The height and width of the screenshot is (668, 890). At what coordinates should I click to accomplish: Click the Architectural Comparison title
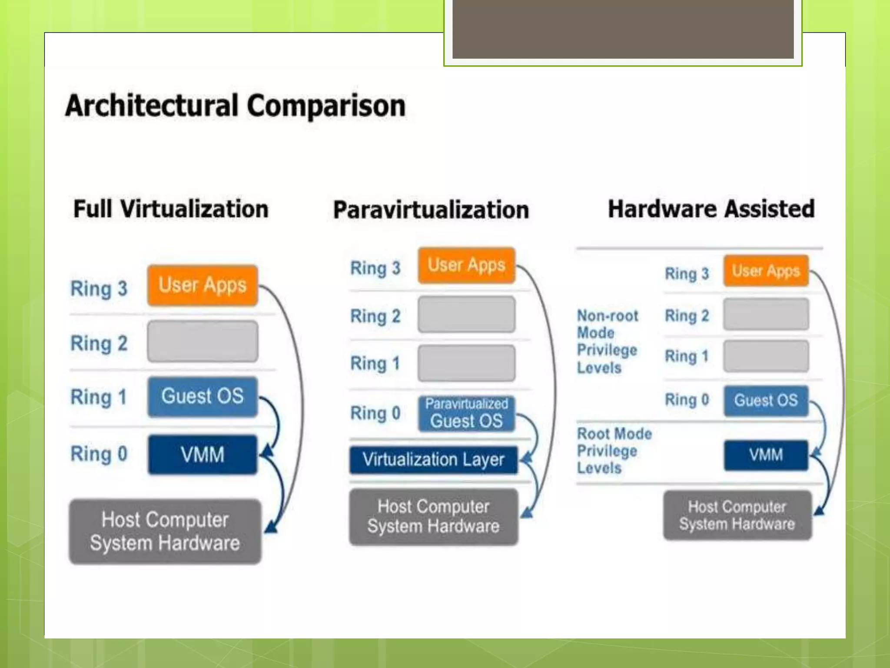coord(235,106)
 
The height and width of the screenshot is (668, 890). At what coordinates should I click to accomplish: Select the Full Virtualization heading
coord(171,209)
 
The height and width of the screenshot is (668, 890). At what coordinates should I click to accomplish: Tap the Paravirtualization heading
coord(431,210)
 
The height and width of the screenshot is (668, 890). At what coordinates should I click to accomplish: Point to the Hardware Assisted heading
coord(711,209)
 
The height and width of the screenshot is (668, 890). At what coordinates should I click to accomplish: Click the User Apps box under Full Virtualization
coord(203,285)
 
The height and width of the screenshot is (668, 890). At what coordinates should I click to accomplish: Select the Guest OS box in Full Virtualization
coord(203,397)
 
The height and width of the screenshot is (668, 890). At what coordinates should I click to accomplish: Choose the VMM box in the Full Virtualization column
coord(203,454)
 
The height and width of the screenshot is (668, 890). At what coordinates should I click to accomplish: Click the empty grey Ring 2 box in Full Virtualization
coord(203,341)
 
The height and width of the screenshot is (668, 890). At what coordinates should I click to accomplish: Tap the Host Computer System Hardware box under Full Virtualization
coord(165,531)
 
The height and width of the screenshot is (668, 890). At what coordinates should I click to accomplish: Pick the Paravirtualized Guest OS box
coord(467,414)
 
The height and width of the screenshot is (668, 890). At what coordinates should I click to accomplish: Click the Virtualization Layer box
coord(434,460)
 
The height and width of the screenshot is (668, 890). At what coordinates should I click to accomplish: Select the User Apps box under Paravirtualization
coord(467,265)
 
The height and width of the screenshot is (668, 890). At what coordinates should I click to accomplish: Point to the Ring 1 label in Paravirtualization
coord(375,364)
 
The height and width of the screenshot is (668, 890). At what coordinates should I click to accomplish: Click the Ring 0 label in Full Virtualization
coord(99,454)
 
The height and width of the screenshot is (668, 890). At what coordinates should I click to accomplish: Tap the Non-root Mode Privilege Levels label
coord(608,342)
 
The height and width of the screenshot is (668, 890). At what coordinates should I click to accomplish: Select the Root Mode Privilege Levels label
coord(614,451)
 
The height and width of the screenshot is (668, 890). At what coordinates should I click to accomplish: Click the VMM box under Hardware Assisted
coord(766,455)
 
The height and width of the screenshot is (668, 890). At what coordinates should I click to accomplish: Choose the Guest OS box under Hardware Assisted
coord(766,401)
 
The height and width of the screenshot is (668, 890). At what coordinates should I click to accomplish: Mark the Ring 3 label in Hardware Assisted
coord(687,274)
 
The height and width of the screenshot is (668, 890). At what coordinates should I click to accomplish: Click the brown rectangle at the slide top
coord(623,29)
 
